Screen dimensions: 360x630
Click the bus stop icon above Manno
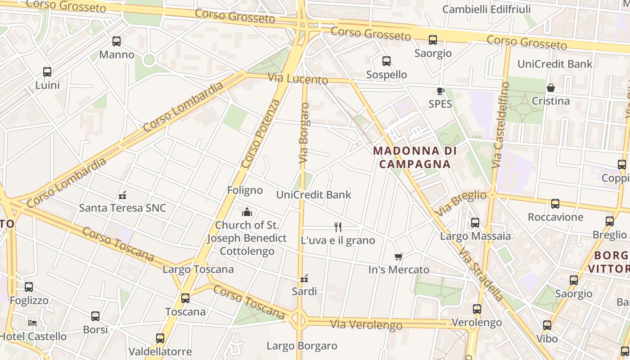117,41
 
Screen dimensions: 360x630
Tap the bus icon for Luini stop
47,72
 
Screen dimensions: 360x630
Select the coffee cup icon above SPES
440,91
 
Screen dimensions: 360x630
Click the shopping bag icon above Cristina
550,88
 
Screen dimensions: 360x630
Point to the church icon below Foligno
247,211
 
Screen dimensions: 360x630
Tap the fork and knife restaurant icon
338,227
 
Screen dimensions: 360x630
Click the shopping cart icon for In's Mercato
398,257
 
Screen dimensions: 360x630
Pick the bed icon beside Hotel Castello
32,323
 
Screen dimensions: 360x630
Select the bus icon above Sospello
386,61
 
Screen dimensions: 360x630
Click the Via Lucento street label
298,79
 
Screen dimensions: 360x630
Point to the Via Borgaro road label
305,133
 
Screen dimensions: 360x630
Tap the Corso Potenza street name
261,134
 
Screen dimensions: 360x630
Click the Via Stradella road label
481,274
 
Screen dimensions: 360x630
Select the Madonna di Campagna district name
414,157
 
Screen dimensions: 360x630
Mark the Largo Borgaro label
301,346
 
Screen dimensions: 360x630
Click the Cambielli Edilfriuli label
486,9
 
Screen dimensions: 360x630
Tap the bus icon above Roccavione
555,204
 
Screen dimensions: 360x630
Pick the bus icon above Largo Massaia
475,223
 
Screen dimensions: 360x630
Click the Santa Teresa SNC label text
122,208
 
